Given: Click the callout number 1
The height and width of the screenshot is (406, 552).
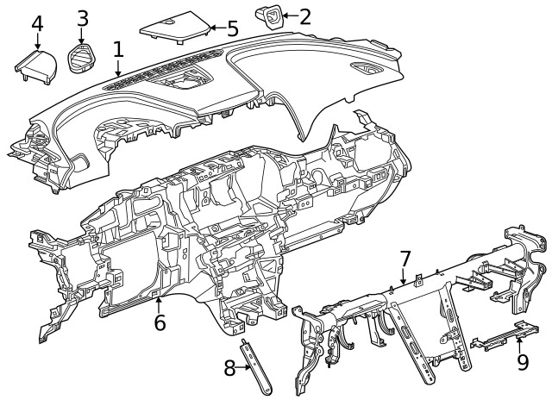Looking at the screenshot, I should (118, 50).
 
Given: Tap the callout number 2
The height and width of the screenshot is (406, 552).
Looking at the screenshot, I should (305, 16).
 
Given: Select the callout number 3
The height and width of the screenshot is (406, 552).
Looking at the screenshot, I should (82, 17).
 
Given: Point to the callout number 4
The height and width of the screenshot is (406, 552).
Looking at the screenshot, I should (37, 22).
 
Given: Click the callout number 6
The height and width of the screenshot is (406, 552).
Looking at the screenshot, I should (160, 323).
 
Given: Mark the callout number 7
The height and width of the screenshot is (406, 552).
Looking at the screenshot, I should (405, 258).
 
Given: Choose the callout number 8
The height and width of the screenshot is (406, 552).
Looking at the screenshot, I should (229, 368).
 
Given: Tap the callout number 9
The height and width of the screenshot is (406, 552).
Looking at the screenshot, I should (521, 363).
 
